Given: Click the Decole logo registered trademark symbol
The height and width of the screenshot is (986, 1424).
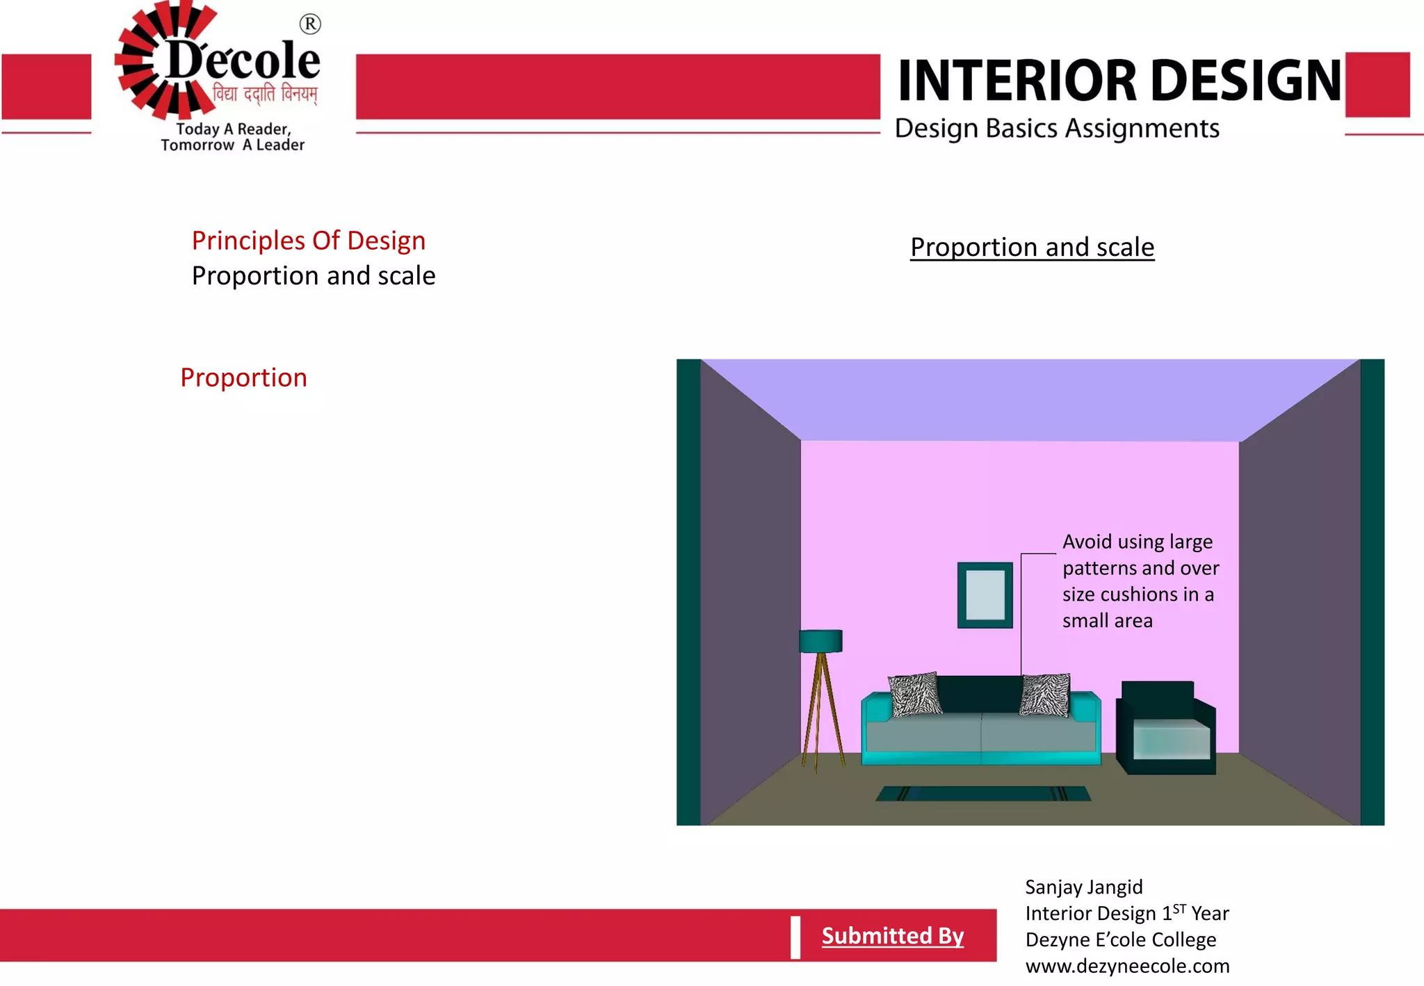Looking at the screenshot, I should [x=310, y=24].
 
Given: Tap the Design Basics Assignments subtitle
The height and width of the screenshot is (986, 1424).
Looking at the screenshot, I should [x=1057, y=129].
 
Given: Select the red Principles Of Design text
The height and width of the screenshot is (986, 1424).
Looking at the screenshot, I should [x=308, y=241].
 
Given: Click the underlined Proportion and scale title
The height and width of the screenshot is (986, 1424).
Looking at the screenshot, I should [x=1032, y=248].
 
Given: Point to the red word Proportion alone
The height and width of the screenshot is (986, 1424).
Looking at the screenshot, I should [x=243, y=378].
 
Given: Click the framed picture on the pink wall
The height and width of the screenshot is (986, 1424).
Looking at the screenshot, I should [x=985, y=595].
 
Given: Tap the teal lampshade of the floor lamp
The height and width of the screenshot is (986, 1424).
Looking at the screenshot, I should [x=820, y=640].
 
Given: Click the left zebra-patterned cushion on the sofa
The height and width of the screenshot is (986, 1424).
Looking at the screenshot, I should [x=915, y=693].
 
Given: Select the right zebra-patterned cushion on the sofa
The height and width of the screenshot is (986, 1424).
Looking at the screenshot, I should [x=1045, y=694].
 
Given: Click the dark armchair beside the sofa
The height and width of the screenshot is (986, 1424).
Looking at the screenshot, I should [x=1166, y=729].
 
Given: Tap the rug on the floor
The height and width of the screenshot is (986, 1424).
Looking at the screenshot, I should [x=982, y=793].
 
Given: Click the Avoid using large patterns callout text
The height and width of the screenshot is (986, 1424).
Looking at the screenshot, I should [x=1140, y=581].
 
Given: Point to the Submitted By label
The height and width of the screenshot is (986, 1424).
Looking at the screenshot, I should [x=893, y=936].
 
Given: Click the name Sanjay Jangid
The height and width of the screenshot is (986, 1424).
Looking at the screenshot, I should [x=1083, y=887].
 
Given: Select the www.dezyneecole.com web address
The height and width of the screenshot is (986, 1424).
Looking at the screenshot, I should [x=1127, y=967].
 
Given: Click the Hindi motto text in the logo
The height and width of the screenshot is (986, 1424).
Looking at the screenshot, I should [x=265, y=94].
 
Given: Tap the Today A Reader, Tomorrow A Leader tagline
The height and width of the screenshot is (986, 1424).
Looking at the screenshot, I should [x=232, y=137].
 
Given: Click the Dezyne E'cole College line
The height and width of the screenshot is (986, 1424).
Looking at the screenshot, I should [x=1120, y=940].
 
